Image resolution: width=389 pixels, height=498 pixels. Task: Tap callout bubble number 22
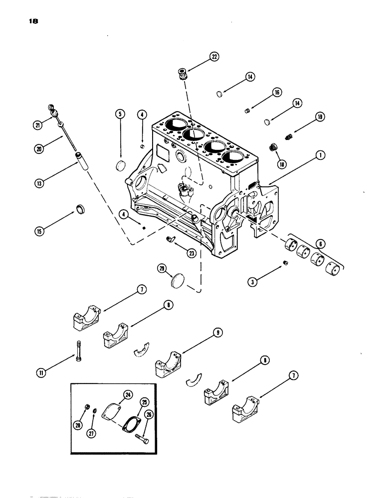[215, 57]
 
